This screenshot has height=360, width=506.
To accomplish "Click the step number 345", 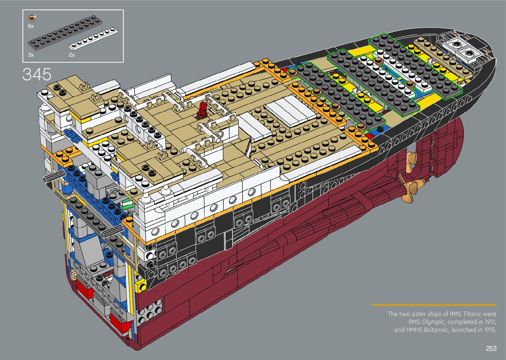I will (x=37, y=74).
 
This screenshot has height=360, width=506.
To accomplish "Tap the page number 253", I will (x=491, y=348).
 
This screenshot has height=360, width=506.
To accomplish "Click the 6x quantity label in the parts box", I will (x=31, y=26).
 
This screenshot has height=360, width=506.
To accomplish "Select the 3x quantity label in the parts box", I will (x=31, y=55).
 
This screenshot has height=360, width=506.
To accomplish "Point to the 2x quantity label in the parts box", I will (x=72, y=55).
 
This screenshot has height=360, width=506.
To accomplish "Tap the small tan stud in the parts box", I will (x=31, y=18).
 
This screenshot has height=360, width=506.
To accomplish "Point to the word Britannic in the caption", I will (x=436, y=330).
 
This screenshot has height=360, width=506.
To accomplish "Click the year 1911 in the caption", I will (x=490, y=322).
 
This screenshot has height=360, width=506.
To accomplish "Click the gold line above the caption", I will (x=434, y=305).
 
